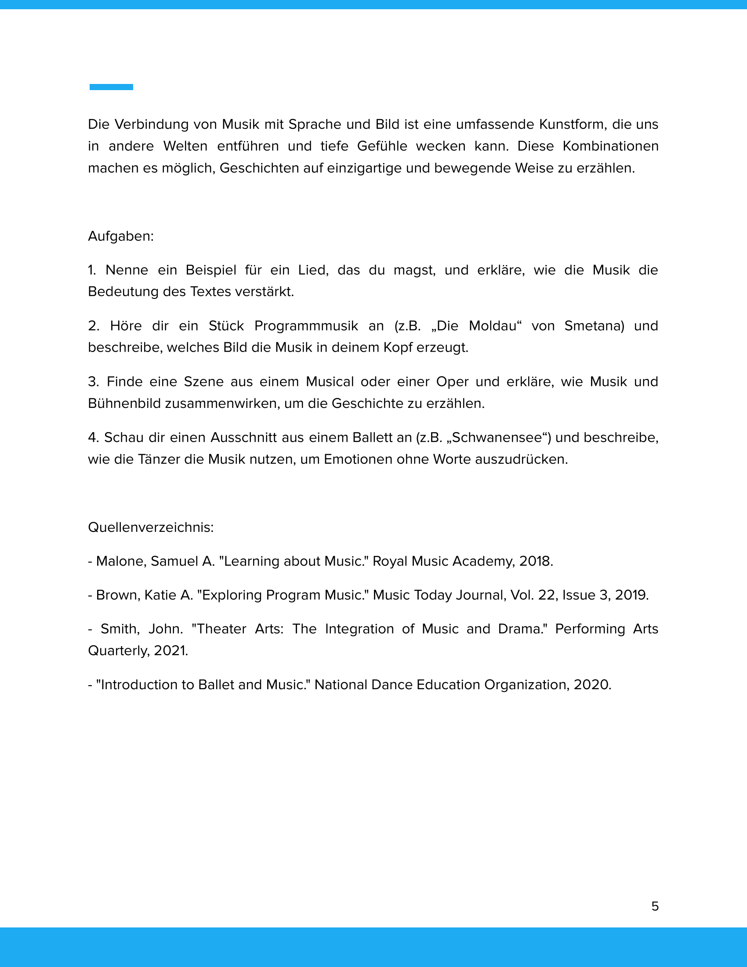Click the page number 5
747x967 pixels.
point(655,906)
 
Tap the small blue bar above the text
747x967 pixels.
point(111,87)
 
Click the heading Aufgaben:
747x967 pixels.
point(121,236)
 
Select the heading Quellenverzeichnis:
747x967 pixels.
point(151,527)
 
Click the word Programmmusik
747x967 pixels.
point(306,326)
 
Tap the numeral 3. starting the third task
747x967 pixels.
point(93,382)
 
